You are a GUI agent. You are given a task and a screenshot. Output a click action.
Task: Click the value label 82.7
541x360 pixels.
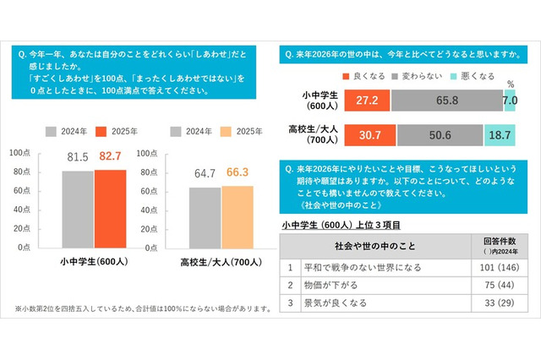(110, 157)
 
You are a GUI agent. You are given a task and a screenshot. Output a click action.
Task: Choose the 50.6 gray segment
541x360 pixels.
(439, 135)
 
